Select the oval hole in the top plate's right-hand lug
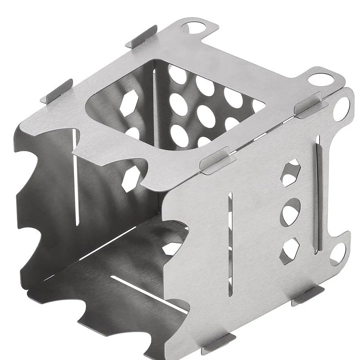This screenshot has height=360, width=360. pos(321,80)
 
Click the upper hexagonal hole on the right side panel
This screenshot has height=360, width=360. pos(290,172)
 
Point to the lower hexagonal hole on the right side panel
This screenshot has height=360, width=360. pos(290,250)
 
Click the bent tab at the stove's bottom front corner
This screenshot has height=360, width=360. pos(219,343)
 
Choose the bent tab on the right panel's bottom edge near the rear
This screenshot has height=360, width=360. pos(307,295)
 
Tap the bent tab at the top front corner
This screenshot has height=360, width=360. pos(217,160)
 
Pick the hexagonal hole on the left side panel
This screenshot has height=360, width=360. pos(130,180)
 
